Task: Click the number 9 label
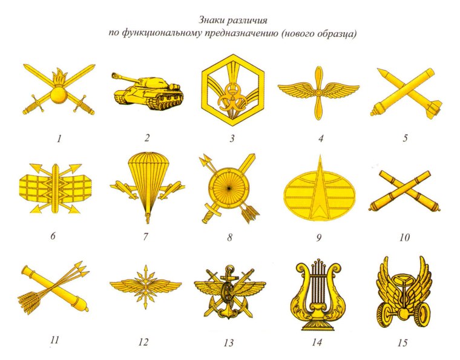(x=318, y=237)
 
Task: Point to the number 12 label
(x=143, y=342)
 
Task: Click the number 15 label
(x=402, y=342)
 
